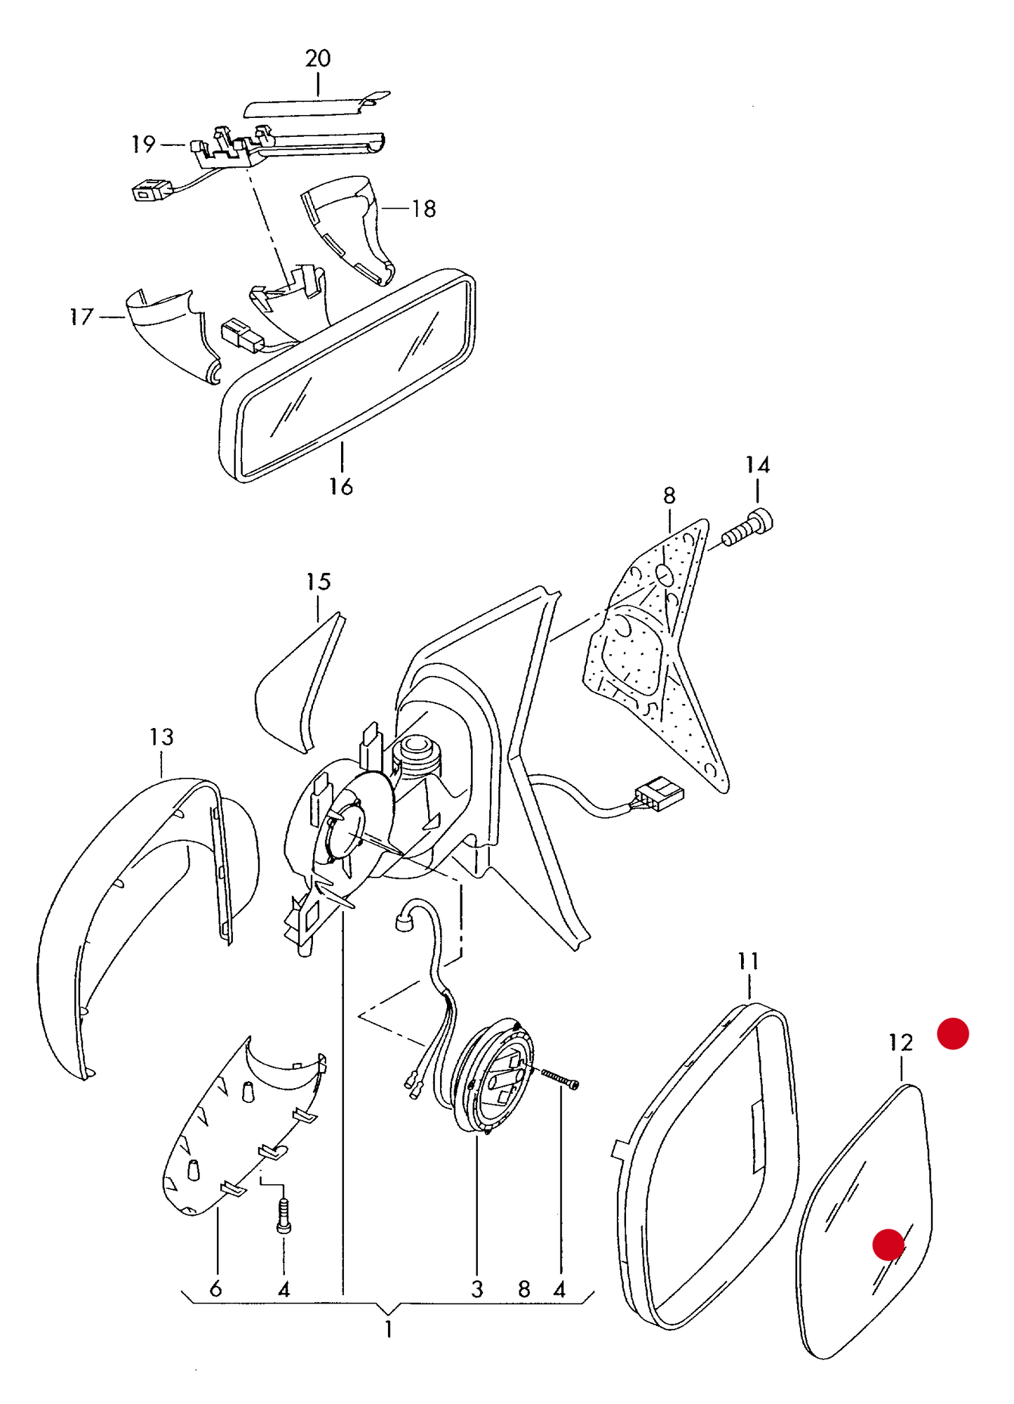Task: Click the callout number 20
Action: pyautogui.click(x=318, y=58)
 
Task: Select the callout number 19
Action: pyautogui.click(x=144, y=144)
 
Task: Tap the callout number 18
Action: pyautogui.click(x=424, y=208)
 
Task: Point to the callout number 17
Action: pyautogui.click(x=81, y=317)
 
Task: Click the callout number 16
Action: pyautogui.click(x=341, y=486)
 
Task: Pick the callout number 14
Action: pyautogui.click(x=757, y=465)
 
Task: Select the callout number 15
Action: pyautogui.click(x=318, y=581)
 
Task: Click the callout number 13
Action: pyautogui.click(x=161, y=736)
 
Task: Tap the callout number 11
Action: pyautogui.click(x=748, y=960)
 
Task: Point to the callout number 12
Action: pyautogui.click(x=900, y=1042)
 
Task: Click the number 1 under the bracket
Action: pyautogui.click(x=388, y=1329)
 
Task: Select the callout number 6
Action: pyautogui.click(x=215, y=1288)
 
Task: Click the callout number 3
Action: pyautogui.click(x=477, y=1289)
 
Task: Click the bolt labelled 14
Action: pyautogui.click(x=748, y=528)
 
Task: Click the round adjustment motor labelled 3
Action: pyautogui.click(x=493, y=1074)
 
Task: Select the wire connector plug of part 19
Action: pyautogui.click(x=152, y=189)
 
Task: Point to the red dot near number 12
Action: pyautogui.click(x=953, y=1033)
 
